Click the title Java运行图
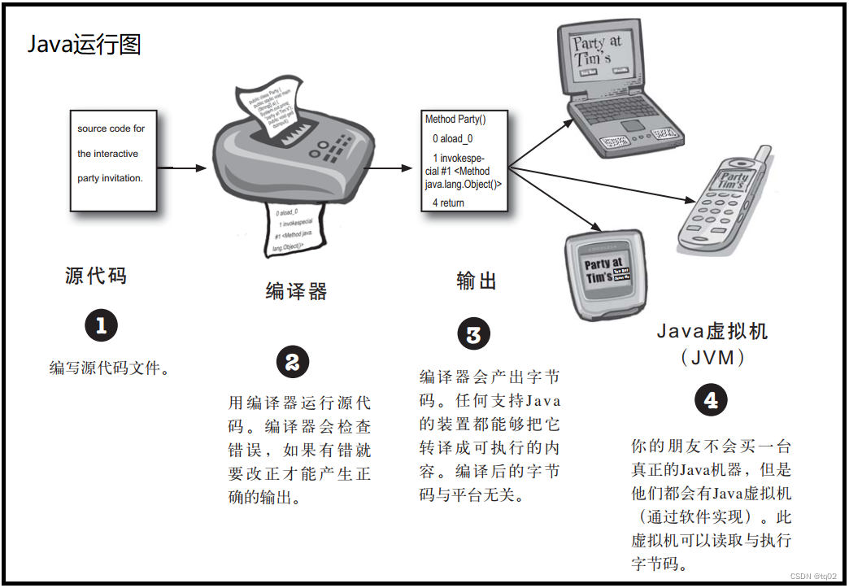coord(85,44)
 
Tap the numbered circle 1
coord(102,326)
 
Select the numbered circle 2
coord(293,362)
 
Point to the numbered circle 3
coord(474,334)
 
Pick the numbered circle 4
coord(712,400)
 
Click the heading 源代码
coord(96,276)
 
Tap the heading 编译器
coord(296,291)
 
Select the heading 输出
coord(477,281)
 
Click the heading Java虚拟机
coord(712,331)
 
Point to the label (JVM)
coord(712,356)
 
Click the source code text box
coord(113,159)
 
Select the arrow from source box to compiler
coord(182,168)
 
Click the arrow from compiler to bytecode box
coord(395,168)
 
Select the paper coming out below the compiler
coord(296,228)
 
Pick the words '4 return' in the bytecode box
coord(448,203)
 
